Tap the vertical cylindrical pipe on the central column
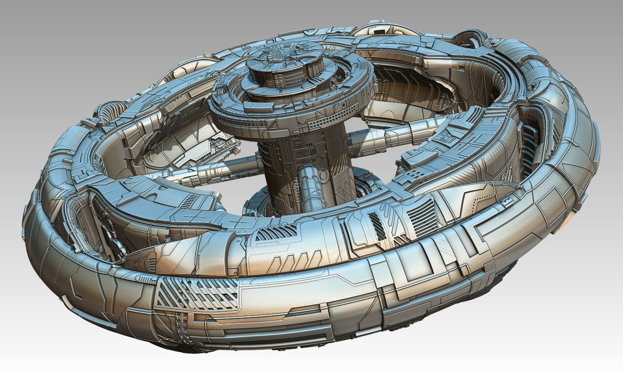coord(307,185)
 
